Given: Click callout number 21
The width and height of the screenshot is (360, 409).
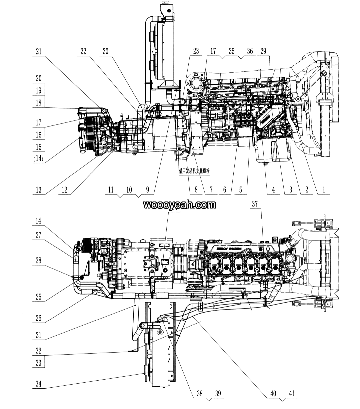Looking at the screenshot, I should (x=39, y=51).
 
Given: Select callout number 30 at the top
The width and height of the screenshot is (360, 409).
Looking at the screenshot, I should (x=106, y=51).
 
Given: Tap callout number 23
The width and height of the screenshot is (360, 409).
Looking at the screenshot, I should (x=196, y=51).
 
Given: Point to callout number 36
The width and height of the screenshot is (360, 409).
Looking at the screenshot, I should (x=250, y=51).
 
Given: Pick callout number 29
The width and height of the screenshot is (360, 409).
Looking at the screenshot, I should (x=263, y=51).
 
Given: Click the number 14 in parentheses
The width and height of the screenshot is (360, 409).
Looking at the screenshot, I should (x=39, y=159).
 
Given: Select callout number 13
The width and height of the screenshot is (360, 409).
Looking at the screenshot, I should (x=39, y=190).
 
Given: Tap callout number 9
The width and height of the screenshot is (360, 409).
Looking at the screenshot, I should (x=148, y=190).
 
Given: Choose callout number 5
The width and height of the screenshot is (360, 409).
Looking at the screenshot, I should (x=240, y=190).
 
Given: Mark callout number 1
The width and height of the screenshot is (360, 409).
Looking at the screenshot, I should (x=323, y=190).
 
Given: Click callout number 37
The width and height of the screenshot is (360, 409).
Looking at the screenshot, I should (x=255, y=204).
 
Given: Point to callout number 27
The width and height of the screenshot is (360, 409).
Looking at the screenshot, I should (x=39, y=235).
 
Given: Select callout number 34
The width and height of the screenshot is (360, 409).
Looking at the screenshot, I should (x=39, y=384).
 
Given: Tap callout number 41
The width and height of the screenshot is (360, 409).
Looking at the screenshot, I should (x=292, y=394).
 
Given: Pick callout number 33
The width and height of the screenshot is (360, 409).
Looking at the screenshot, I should (x=39, y=363).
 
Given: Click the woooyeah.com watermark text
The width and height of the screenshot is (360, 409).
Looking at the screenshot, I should (x=180, y=205).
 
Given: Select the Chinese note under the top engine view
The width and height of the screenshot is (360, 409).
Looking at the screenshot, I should (x=196, y=170).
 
